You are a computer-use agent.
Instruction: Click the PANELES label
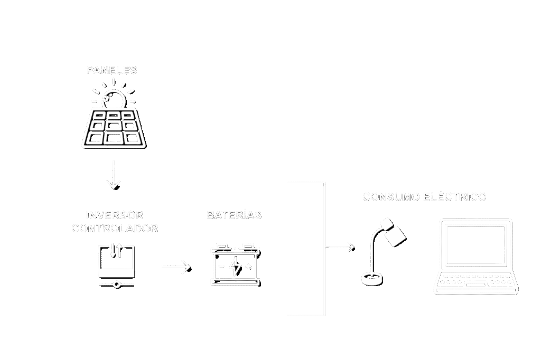click(x=112, y=70)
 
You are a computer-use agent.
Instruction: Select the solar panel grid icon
click(x=114, y=128)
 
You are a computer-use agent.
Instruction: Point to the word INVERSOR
click(x=115, y=215)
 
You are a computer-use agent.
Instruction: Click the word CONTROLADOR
click(x=115, y=229)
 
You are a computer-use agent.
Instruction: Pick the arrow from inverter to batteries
click(x=176, y=267)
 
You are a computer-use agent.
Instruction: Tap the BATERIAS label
click(x=234, y=215)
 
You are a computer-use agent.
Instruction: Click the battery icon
click(x=236, y=264)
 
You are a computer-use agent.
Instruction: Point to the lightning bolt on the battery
click(x=238, y=267)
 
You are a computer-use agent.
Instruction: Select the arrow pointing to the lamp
click(x=341, y=247)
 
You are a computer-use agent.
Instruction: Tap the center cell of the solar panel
click(x=114, y=126)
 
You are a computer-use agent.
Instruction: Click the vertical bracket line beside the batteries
click(x=323, y=248)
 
